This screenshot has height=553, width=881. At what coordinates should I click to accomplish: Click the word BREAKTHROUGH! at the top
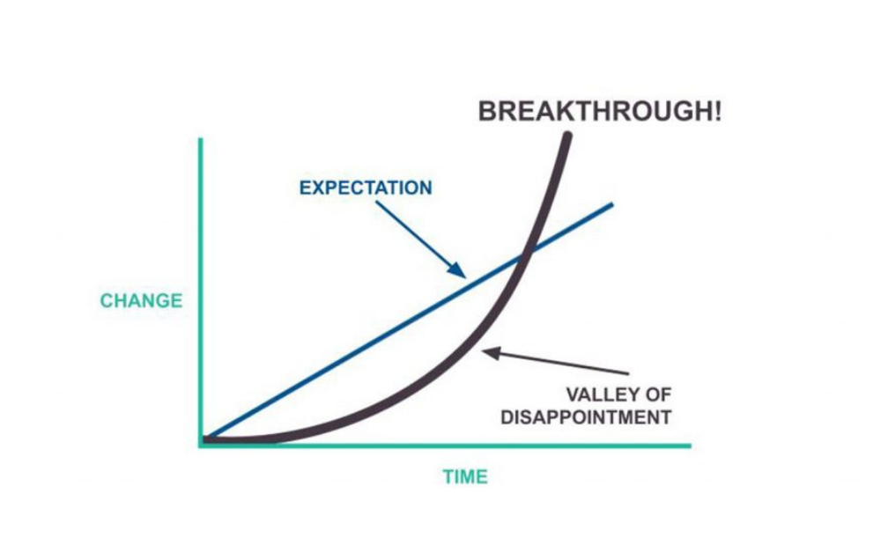coord(599,113)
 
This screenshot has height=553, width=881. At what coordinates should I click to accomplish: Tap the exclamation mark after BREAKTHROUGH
coord(716,113)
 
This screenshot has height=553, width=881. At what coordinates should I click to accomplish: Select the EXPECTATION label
coord(366,188)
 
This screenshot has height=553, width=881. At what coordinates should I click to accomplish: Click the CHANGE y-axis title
coord(141,301)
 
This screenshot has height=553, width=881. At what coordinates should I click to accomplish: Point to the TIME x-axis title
coord(465,477)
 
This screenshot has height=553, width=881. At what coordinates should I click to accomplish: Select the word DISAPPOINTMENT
coord(586,417)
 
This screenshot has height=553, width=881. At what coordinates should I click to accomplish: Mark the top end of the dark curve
coord(567,136)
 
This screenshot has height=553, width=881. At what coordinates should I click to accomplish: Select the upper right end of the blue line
coord(611,204)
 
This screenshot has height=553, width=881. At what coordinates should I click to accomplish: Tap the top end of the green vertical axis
coord(202,139)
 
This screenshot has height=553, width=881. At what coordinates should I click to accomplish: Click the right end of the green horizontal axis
coord(690,445)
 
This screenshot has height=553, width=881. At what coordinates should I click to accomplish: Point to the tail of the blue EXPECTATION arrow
coord(376,203)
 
